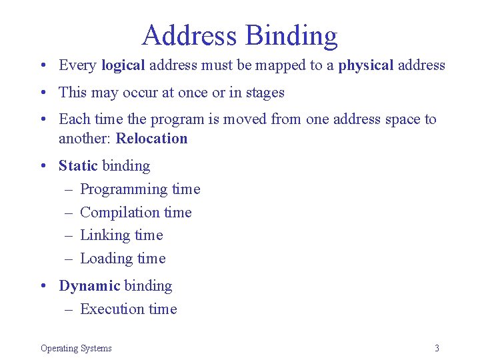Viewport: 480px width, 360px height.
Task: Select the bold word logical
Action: (123, 65)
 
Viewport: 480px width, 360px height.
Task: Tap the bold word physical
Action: (366, 65)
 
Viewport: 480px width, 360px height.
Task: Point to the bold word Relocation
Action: (152, 139)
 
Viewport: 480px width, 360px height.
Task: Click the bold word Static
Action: (78, 165)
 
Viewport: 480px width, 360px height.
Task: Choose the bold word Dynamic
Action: (89, 286)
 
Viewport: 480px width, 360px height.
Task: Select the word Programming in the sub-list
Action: (124, 190)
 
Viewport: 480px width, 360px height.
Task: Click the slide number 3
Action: (437, 348)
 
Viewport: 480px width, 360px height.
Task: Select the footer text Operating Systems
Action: (76, 348)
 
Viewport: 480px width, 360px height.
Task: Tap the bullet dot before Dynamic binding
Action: (43, 286)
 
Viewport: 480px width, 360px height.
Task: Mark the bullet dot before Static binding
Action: (43, 165)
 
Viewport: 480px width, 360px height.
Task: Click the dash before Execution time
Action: (69, 309)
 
